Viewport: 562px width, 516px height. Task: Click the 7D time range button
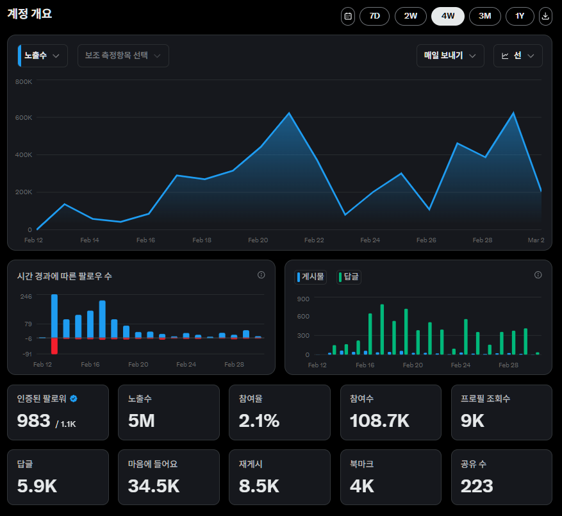(374, 16)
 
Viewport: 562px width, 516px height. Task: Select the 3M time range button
(485, 16)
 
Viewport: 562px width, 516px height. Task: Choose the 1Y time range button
(519, 16)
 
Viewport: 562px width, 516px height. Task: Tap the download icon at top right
(545, 16)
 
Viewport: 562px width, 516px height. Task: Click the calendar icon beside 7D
(348, 16)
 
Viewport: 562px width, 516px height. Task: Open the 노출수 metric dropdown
(43, 56)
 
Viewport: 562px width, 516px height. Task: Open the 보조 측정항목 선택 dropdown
(123, 56)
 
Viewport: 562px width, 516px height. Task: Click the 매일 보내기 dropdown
(450, 56)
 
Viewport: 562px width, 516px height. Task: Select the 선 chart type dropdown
(518, 56)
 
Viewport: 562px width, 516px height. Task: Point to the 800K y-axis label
(24, 82)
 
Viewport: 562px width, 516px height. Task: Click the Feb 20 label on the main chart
(258, 240)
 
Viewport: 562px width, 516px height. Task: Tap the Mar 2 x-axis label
(536, 240)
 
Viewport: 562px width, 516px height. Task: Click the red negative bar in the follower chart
(54, 345)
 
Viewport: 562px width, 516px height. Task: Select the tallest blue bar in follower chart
(54, 315)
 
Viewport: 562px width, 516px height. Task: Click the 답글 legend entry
(349, 277)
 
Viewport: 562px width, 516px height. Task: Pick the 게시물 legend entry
(311, 277)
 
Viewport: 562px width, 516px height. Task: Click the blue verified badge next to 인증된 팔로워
(74, 399)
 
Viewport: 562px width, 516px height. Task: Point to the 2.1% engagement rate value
(259, 421)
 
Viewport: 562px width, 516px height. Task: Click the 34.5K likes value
(154, 486)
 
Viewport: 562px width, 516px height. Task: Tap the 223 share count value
(477, 486)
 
